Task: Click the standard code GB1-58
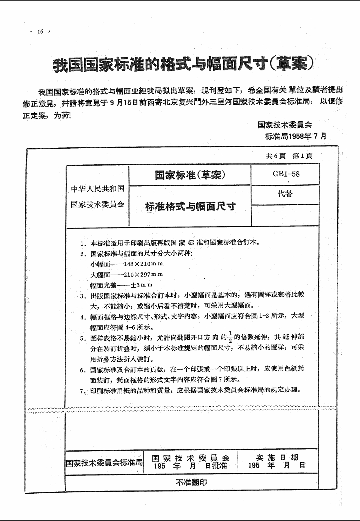286,174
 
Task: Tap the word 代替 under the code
285,194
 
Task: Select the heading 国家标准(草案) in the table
190,175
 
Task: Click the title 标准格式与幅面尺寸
190,206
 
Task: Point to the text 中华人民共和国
97,189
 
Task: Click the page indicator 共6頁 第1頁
289,156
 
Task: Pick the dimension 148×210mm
143,264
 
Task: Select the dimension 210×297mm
143,274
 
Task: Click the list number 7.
83,391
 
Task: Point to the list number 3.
83,296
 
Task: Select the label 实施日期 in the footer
277,457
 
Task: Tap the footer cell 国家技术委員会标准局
104,463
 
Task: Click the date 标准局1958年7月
296,136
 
